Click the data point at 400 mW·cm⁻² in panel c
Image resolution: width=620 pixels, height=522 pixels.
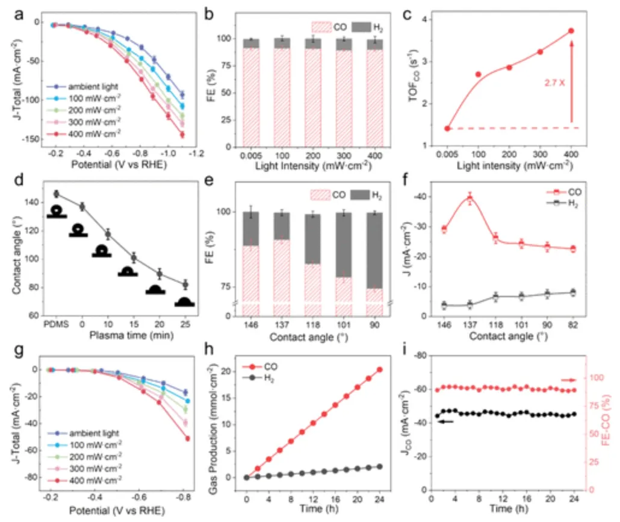click(571, 31)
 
